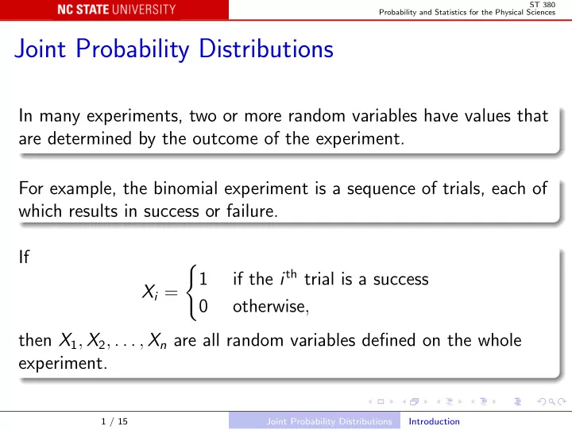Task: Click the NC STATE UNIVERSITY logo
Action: coord(116,10)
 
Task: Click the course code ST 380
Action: coord(543,5)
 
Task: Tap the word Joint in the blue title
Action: coord(41,48)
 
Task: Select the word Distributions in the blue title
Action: coord(266,48)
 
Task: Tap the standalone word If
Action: coord(24,257)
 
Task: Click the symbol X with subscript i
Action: coord(150,292)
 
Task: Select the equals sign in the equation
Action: coord(171,292)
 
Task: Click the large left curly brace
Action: coord(191,292)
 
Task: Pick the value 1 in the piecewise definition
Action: coord(203,279)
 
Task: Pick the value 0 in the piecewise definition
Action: coord(203,306)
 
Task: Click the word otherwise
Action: coord(271,306)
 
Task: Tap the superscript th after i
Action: coord(291,273)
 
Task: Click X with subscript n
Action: coord(157,341)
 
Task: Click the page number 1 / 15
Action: coord(114,421)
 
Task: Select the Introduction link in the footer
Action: coord(434,421)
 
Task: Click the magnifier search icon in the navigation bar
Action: coord(552,401)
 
